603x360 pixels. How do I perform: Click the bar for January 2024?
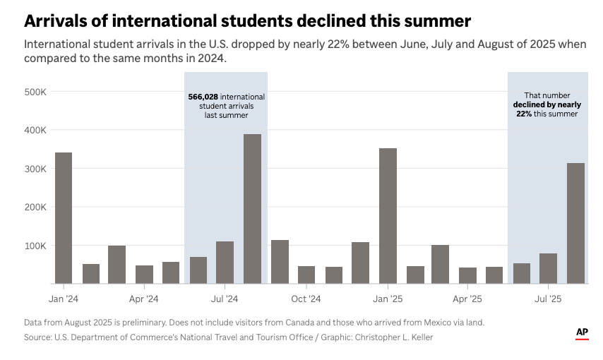pos(63,218)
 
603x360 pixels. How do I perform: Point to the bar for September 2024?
pos(280,262)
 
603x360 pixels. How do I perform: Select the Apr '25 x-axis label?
pos(468,299)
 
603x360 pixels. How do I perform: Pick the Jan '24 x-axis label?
pos(63,299)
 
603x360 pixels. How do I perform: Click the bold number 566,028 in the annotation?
pos(203,97)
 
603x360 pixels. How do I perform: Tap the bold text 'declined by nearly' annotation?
pos(547,104)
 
